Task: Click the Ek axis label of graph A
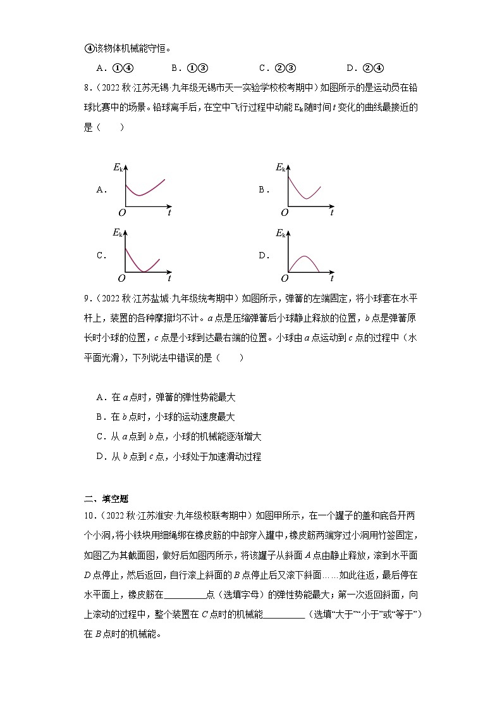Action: [x=118, y=167]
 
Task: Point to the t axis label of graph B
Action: [x=331, y=213]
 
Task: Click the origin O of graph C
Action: [x=121, y=279]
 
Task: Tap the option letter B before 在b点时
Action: [x=100, y=417]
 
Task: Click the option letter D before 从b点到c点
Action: [x=100, y=456]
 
